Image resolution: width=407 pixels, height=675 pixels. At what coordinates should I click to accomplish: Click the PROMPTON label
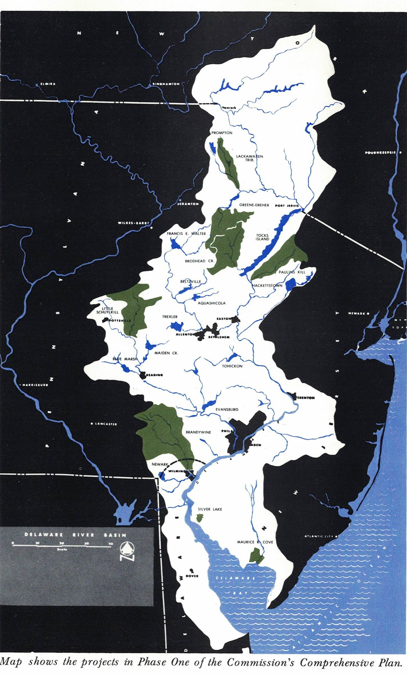(x=222, y=133)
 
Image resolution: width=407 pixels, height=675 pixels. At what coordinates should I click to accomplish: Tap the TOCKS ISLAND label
(x=262, y=237)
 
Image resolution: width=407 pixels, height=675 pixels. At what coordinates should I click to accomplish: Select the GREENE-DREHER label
(x=254, y=205)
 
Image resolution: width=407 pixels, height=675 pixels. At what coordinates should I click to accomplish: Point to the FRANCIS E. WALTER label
(x=186, y=234)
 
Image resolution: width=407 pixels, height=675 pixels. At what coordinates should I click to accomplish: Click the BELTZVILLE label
(x=190, y=282)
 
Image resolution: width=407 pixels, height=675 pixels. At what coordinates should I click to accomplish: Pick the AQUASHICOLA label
(x=212, y=303)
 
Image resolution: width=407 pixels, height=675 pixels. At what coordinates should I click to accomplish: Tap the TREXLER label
(x=170, y=317)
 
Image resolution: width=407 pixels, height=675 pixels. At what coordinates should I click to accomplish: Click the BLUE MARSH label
(x=125, y=359)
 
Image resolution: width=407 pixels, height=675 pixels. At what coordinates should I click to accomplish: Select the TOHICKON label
(x=232, y=366)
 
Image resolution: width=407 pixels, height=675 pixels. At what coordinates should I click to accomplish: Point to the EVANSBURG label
(x=227, y=409)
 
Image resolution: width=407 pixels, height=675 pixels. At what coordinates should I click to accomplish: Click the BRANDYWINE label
(x=198, y=432)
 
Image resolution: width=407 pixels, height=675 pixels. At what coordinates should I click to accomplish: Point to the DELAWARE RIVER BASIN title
(x=75, y=535)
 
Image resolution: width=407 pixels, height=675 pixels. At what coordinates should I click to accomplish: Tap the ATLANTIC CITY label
(x=319, y=536)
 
